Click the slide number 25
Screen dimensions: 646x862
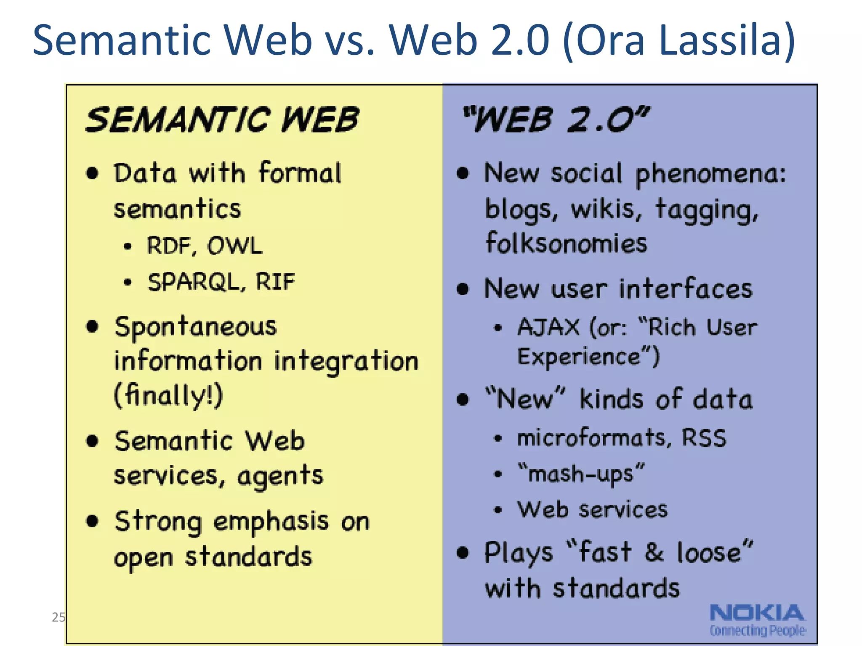[x=58, y=617]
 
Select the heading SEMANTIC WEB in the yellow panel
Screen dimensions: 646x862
[x=222, y=120]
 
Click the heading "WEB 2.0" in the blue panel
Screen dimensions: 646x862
[x=556, y=120]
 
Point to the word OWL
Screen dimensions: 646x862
[x=235, y=246]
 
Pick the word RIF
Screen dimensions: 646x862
[x=275, y=281]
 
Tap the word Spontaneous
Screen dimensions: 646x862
[x=196, y=327]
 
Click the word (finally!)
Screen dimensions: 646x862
[x=168, y=395]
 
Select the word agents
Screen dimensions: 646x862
[x=280, y=477]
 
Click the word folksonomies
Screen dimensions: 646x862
[x=566, y=244]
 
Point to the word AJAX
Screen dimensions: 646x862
[x=548, y=327]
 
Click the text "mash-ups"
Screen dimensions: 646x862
[x=581, y=474]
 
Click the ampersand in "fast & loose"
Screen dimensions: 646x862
[x=654, y=552]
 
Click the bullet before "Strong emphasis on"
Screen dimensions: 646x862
[x=92, y=521]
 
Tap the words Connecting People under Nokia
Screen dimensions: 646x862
[x=757, y=630]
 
